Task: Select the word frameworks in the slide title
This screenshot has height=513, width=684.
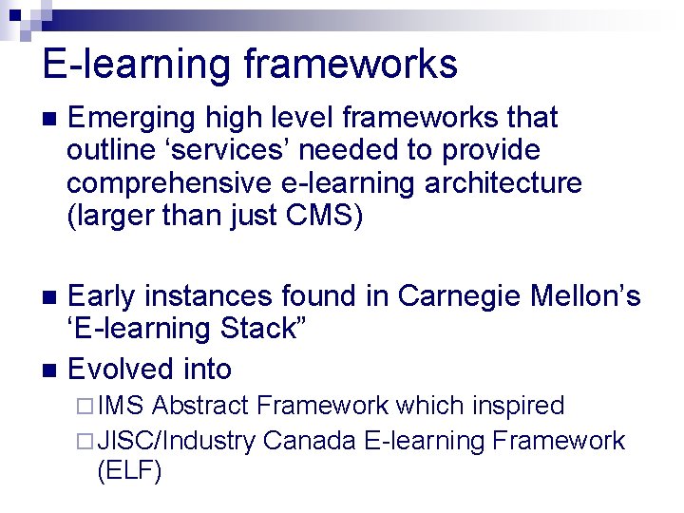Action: (351, 65)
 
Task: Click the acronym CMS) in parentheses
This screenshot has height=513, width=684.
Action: (324, 216)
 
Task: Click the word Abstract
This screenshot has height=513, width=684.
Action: (202, 407)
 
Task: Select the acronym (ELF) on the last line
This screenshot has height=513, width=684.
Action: (129, 471)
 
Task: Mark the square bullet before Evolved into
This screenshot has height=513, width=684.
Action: (50, 370)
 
